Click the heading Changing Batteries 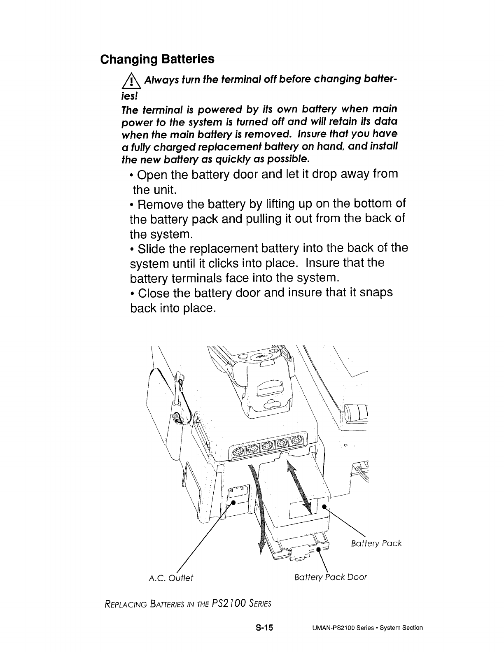coord(158,59)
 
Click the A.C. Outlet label coord(170,577)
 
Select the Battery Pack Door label coord(331,577)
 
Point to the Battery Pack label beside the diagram coord(376,543)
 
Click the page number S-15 coord(264,628)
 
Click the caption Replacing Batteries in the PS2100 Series coord(188,604)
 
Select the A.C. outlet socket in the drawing coord(238,493)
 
